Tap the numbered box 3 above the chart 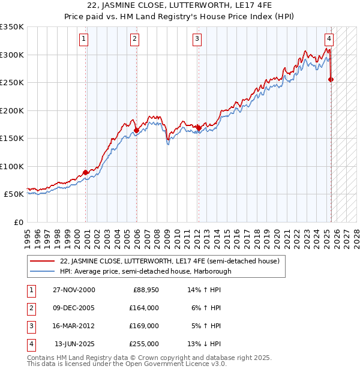tap(197, 40)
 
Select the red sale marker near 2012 tap(199, 128)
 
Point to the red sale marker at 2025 tap(331, 79)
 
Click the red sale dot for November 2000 tap(86, 172)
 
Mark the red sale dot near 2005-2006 tap(137, 130)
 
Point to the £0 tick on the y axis tap(19, 222)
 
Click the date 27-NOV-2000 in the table tap(74, 290)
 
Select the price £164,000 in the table tap(143, 308)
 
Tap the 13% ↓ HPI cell tap(204, 344)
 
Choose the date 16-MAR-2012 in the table tap(74, 326)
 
